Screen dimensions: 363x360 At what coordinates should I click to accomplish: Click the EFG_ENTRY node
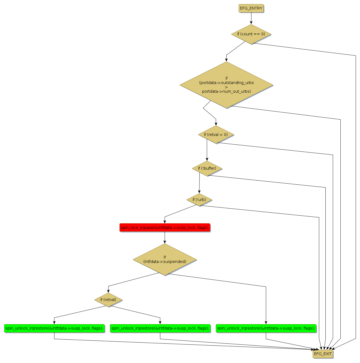(x=251, y=8)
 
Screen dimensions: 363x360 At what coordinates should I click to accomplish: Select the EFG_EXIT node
(x=323, y=354)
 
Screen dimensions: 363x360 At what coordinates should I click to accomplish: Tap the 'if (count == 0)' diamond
(x=251, y=34)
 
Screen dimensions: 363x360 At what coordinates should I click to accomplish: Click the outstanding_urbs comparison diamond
(x=226, y=85)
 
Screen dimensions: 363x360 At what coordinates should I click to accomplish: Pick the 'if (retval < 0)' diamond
(x=216, y=135)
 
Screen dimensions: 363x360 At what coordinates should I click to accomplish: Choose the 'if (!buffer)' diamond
(x=207, y=168)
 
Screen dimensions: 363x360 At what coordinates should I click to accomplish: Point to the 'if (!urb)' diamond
(x=199, y=200)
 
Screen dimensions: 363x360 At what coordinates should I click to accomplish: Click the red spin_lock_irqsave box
(x=165, y=228)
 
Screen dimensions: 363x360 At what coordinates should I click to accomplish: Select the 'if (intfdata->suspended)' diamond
(x=165, y=259)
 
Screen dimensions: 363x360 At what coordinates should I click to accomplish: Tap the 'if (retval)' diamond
(x=108, y=300)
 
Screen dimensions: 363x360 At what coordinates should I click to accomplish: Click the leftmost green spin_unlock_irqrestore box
(x=54, y=328)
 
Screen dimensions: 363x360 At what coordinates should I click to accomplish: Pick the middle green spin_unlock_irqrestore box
(x=160, y=328)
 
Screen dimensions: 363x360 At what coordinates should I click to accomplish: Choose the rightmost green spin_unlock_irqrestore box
(x=266, y=328)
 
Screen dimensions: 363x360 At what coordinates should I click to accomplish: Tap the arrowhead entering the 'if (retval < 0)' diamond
(x=216, y=124)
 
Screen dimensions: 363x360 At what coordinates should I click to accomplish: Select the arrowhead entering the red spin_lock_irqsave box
(x=165, y=222)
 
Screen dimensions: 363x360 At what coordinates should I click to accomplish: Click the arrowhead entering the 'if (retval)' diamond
(x=108, y=291)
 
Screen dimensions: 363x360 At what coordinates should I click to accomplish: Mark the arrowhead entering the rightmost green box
(x=266, y=322)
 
